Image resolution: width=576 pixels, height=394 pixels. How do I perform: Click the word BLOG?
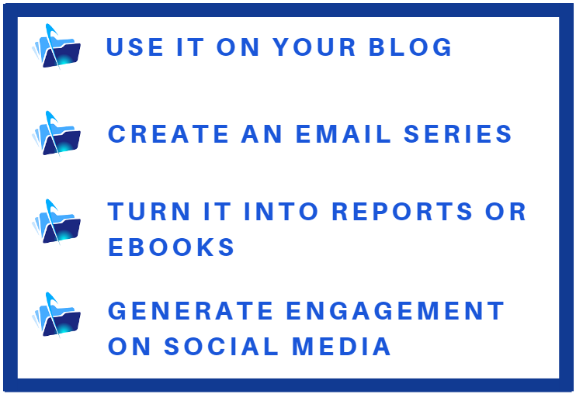410,47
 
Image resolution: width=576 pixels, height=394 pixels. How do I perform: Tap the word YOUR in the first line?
314,47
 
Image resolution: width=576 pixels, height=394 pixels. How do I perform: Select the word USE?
135,47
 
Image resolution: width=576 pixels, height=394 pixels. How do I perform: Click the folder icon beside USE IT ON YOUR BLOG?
56,47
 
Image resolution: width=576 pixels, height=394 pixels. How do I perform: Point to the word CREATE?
168,133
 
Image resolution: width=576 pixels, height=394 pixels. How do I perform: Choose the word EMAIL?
343,133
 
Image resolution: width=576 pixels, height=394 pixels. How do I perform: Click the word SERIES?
458,133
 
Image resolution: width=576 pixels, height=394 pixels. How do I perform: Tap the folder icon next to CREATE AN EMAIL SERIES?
56,134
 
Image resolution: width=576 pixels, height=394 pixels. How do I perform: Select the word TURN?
149,211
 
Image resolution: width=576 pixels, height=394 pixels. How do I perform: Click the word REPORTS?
402,211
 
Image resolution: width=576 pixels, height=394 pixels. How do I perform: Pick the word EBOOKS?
172,247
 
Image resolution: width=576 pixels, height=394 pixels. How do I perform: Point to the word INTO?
281,211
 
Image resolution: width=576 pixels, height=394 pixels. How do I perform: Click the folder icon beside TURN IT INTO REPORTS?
56,222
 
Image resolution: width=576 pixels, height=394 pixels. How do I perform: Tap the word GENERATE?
190,311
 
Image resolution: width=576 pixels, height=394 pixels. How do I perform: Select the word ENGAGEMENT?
395,311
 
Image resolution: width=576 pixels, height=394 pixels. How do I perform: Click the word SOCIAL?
221,346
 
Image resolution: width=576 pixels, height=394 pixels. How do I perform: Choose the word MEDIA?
342,346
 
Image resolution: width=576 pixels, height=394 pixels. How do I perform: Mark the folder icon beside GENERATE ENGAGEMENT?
56,315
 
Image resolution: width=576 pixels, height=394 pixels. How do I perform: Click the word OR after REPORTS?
506,211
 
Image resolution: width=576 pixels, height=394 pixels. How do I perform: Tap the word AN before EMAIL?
262,133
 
